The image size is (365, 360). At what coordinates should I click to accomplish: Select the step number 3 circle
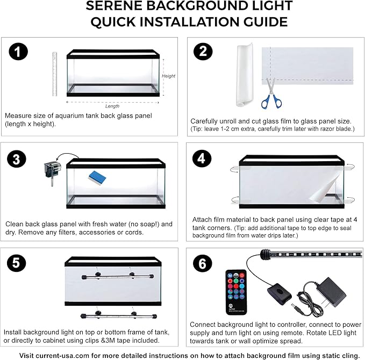point(18,159)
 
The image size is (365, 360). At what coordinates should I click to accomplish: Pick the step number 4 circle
point(203,159)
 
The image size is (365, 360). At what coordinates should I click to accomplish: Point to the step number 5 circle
point(18,264)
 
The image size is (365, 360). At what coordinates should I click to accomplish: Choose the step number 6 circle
point(203,264)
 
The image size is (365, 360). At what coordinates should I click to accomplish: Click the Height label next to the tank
point(168,76)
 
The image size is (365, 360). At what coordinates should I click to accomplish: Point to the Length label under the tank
point(112,106)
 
